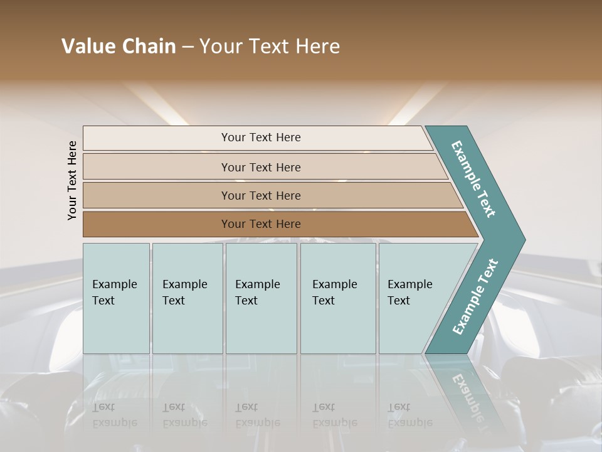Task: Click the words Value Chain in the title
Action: coord(119,46)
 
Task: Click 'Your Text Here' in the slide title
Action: coord(270,46)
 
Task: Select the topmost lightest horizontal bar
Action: coord(157,137)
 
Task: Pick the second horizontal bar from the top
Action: coord(157,167)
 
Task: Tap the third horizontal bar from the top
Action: coord(157,195)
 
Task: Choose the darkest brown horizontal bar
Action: coord(157,224)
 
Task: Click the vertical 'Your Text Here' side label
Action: coord(73,180)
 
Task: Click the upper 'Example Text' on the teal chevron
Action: coord(473,179)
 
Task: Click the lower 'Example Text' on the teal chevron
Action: coord(475,297)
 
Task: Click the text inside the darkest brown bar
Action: coord(261,224)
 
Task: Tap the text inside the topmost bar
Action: coord(261,137)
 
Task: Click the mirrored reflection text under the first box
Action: coord(114,415)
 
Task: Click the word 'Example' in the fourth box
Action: coord(335,284)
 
